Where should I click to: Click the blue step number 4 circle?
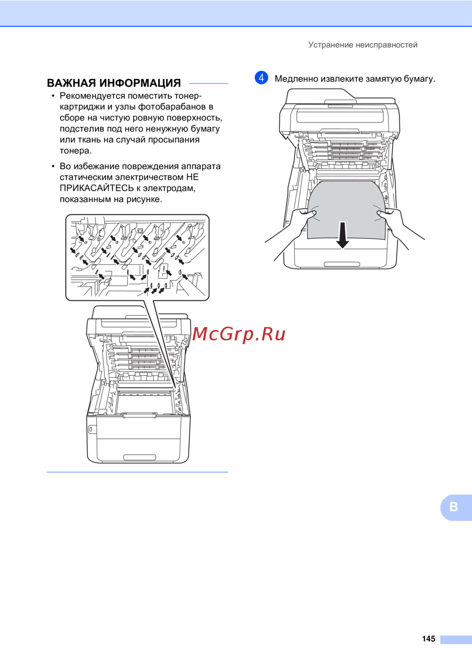coord(261,78)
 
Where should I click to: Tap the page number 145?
coord(429,638)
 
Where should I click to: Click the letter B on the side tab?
coord(454,507)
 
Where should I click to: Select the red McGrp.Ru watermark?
coord(239,334)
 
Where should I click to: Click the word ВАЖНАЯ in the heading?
coord(71,83)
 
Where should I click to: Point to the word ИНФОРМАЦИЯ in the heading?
coord(140,83)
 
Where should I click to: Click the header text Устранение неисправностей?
coord(362,45)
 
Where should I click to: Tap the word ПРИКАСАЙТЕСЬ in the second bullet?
coord(97,188)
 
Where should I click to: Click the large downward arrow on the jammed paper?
coord(343,235)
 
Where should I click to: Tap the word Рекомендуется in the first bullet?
coord(93,96)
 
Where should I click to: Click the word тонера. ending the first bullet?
coord(76,151)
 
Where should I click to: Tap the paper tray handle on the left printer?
coord(139,457)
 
